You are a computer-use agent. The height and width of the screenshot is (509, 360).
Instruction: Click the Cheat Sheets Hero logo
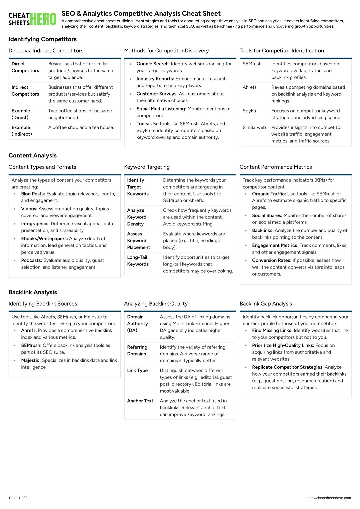pos(32,19)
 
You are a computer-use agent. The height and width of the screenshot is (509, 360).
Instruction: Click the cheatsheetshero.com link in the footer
pos(328,498)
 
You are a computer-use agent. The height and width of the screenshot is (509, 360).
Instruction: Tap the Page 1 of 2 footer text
pos(18,498)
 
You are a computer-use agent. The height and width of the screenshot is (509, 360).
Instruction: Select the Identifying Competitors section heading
pos(43,39)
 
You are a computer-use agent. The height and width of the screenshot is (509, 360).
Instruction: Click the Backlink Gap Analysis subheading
pos(266,304)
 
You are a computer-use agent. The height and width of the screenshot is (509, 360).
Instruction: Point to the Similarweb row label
pos(254,127)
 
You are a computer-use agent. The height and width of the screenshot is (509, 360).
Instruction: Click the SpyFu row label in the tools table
pos(249,111)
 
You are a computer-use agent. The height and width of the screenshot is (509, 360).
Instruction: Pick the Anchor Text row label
pos(140,401)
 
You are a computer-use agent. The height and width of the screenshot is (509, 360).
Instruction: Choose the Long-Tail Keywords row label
pos(138,261)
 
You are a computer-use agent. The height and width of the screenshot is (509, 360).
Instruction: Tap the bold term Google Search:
pos(153,64)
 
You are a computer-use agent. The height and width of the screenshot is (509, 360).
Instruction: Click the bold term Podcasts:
pos(32,260)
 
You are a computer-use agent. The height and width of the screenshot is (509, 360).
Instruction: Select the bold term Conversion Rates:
pos(272,260)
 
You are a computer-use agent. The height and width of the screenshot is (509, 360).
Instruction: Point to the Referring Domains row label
pos(137,350)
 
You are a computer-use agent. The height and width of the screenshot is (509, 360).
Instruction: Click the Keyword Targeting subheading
pos(147,167)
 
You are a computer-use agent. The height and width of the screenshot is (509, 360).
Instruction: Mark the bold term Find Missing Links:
pos(272,330)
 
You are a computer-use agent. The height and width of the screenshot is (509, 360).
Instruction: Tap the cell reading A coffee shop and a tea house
pos(81,127)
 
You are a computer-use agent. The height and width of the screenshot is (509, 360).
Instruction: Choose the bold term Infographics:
pos(35,223)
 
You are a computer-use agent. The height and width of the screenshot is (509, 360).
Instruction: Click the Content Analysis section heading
pos(33,155)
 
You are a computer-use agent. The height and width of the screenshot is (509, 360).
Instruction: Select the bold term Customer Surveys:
pos(157,94)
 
